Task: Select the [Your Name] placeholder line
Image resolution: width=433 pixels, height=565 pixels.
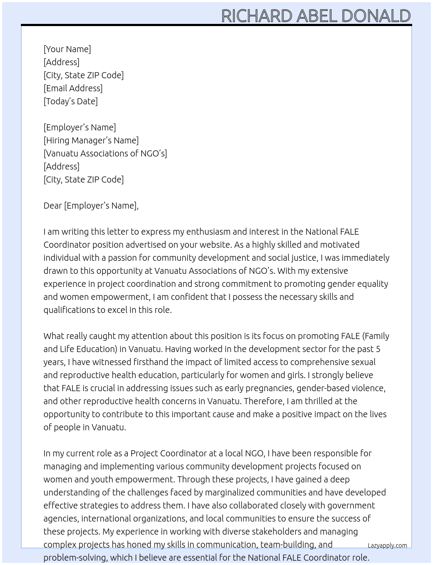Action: click(x=67, y=49)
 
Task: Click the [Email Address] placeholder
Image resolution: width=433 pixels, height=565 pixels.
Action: click(x=73, y=88)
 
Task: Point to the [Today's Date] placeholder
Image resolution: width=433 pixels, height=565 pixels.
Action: click(x=70, y=101)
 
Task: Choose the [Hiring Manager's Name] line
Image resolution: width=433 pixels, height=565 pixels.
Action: click(x=91, y=140)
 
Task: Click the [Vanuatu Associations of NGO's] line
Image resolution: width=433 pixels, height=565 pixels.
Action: click(x=105, y=153)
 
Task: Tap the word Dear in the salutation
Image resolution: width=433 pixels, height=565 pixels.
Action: click(x=53, y=206)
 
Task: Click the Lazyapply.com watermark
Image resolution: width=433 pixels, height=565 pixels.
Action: click(x=387, y=545)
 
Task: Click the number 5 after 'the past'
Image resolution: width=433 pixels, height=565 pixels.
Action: click(x=378, y=349)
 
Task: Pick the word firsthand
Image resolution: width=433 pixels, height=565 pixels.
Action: click(x=152, y=362)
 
